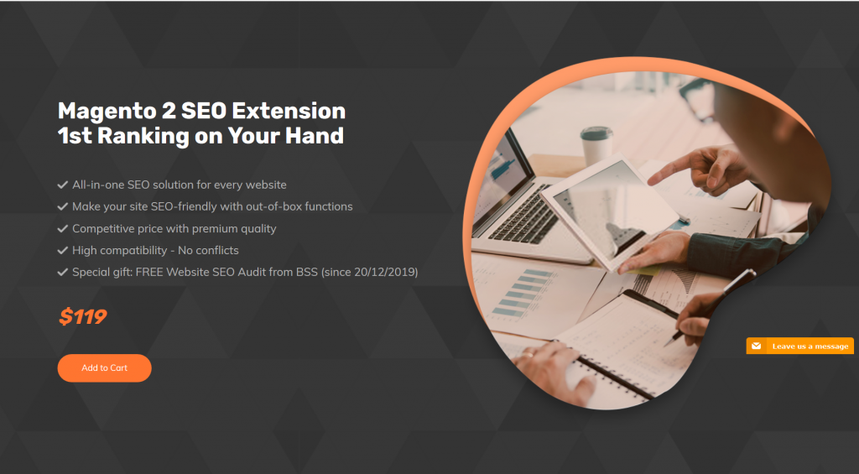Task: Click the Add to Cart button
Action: click(x=104, y=368)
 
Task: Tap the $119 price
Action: click(x=83, y=317)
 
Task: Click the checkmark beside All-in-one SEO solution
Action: click(x=62, y=185)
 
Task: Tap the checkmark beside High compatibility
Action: click(x=62, y=250)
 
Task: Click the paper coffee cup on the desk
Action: click(x=596, y=143)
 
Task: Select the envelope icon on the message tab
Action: click(x=756, y=346)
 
